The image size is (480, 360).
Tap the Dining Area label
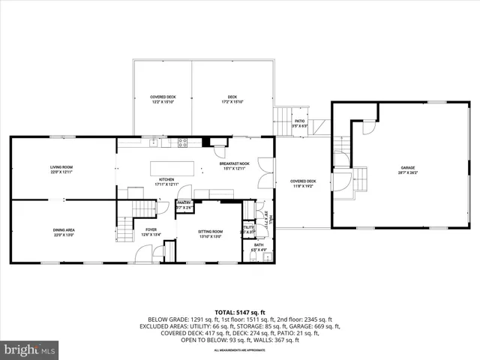(x=64, y=232)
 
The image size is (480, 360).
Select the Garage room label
(x=407, y=169)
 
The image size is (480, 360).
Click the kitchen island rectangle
(x=172, y=168)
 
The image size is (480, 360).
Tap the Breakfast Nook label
(x=234, y=166)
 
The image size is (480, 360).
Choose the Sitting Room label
(x=210, y=234)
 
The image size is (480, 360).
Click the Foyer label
(x=151, y=232)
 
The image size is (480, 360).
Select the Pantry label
(x=184, y=204)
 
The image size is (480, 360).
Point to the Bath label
(x=259, y=247)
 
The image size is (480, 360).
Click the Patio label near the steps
(x=298, y=123)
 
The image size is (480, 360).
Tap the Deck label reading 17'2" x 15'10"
(x=232, y=99)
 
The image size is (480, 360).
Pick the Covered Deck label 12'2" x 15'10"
(x=163, y=99)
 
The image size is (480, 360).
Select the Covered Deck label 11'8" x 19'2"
(x=303, y=183)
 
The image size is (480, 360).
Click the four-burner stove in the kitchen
(x=181, y=142)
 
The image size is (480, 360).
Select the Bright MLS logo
(x=30, y=349)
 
